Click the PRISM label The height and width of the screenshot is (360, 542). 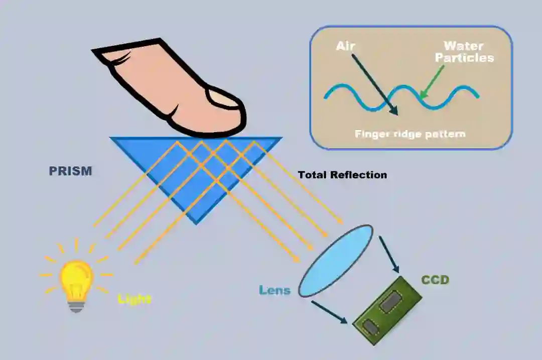pos(70,171)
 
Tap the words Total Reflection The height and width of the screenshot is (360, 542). pos(342,175)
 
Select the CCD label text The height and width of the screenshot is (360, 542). pos(435,280)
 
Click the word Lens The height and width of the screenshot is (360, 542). pos(275,290)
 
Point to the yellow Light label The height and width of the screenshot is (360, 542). pos(134,299)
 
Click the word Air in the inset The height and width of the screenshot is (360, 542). pos(345,47)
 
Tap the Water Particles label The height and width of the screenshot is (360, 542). pos(464,52)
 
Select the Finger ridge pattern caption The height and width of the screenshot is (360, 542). pos(410,134)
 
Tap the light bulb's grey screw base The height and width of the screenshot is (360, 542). pos(76,305)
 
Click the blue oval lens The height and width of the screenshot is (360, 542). pos(336,261)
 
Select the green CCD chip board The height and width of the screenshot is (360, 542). pos(388,311)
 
